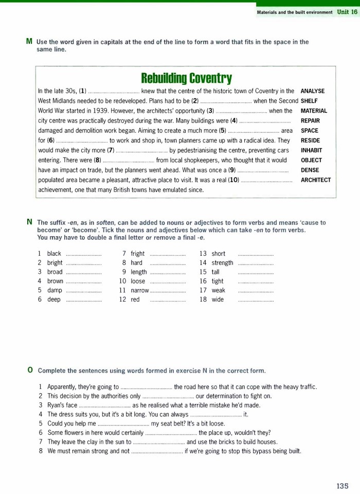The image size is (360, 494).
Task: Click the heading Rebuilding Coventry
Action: coord(186,78)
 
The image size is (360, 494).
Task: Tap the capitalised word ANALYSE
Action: coord(312,91)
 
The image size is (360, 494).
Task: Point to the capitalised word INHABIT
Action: coord(311,150)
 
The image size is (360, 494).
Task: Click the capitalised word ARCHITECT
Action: coord(316,180)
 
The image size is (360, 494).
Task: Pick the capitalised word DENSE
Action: coord(310,170)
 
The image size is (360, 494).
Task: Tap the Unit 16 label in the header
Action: coord(347,12)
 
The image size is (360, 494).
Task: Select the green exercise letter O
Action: coord(30,370)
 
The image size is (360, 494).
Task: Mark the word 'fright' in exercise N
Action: coord(138,254)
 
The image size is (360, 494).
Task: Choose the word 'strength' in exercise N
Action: coord(222,263)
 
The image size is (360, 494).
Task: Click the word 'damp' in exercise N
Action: coord(55,290)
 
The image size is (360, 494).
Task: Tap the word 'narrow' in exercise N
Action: coord(140,290)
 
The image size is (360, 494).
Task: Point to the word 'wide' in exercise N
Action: coord(218,299)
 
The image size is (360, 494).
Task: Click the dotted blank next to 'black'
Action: coord(84,255)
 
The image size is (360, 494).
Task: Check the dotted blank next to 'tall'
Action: coord(256,273)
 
